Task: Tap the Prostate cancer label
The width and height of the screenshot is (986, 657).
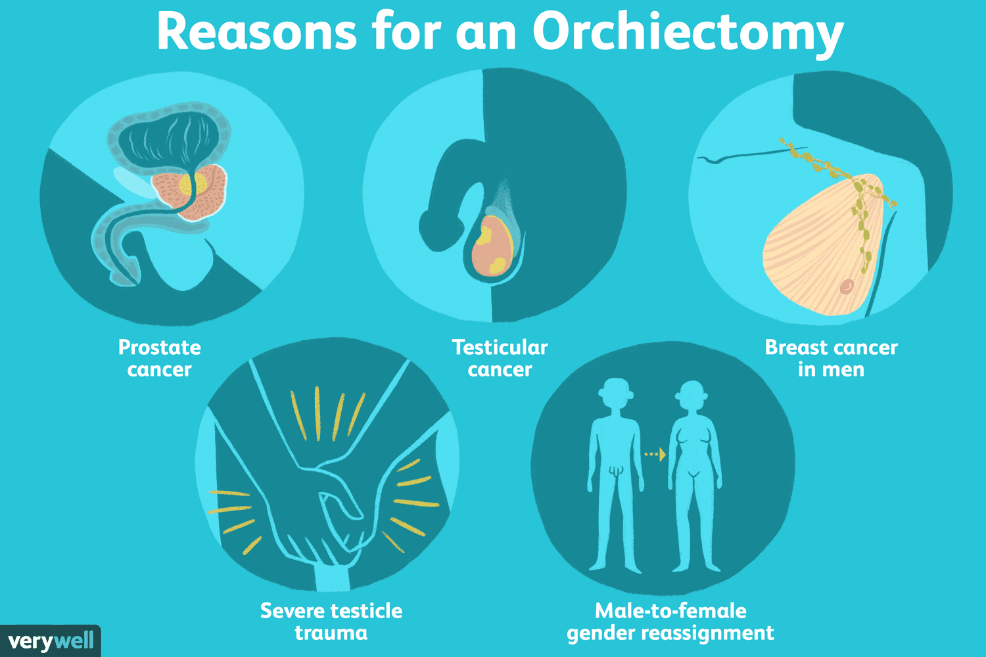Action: pyautogui.click(x=159, y=358)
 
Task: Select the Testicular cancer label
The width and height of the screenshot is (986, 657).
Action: pyautogui.click(x=500, y=358)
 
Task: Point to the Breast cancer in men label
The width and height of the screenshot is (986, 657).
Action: pyautogui.click(x=831, y=358)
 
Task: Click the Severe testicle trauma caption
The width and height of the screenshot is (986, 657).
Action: pyautogui.click(x=331, y=622)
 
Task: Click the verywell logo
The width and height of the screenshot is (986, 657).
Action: pyautogui.click(x=50, y=641)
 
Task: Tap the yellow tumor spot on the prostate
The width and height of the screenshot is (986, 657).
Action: pyautogui.click(x=193, y=185)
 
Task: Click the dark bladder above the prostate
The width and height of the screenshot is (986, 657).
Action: pyautogui.click(x=170, y=139)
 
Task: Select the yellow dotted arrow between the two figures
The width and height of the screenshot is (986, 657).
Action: pyautogui.click(x=655, y=454)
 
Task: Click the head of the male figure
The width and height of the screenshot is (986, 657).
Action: pyautogui.click(x=616, y=392)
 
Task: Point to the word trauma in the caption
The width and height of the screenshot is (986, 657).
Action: pyautogui.click(x=331, y=633)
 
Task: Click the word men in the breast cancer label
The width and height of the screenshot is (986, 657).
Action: pyautogui.click(x=843, y=370)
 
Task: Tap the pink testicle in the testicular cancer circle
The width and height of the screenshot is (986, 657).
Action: pyautogui.click(x=492, y=246)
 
